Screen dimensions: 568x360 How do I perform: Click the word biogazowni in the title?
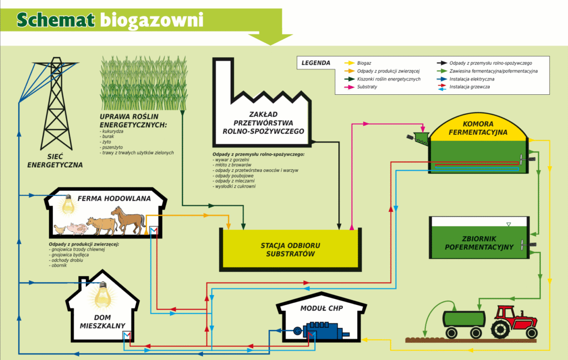pos(152,21)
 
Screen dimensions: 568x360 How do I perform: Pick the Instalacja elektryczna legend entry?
pos(465,79)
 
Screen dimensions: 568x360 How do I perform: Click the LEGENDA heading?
pos(316,63)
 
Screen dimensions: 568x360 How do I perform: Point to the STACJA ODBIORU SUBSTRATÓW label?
pos(291,250)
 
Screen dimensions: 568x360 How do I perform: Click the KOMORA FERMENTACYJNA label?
pos(478,128)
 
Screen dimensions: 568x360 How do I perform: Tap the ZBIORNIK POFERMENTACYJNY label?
pos(479,243)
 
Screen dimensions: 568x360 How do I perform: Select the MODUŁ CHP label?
pos(321,308)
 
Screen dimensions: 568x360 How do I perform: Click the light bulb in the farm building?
pos(68,205)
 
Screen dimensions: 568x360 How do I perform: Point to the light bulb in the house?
pos(103,295)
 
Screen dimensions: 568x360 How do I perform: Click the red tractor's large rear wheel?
pos(501,329)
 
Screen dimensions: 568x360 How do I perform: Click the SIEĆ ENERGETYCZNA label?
pos(55,161)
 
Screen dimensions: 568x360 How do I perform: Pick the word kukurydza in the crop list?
pos(113,131)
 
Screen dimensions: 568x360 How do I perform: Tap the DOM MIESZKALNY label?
pos(103,322)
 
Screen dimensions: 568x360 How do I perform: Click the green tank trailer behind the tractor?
pos(464,323)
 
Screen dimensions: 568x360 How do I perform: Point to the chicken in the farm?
pos(60,229)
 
